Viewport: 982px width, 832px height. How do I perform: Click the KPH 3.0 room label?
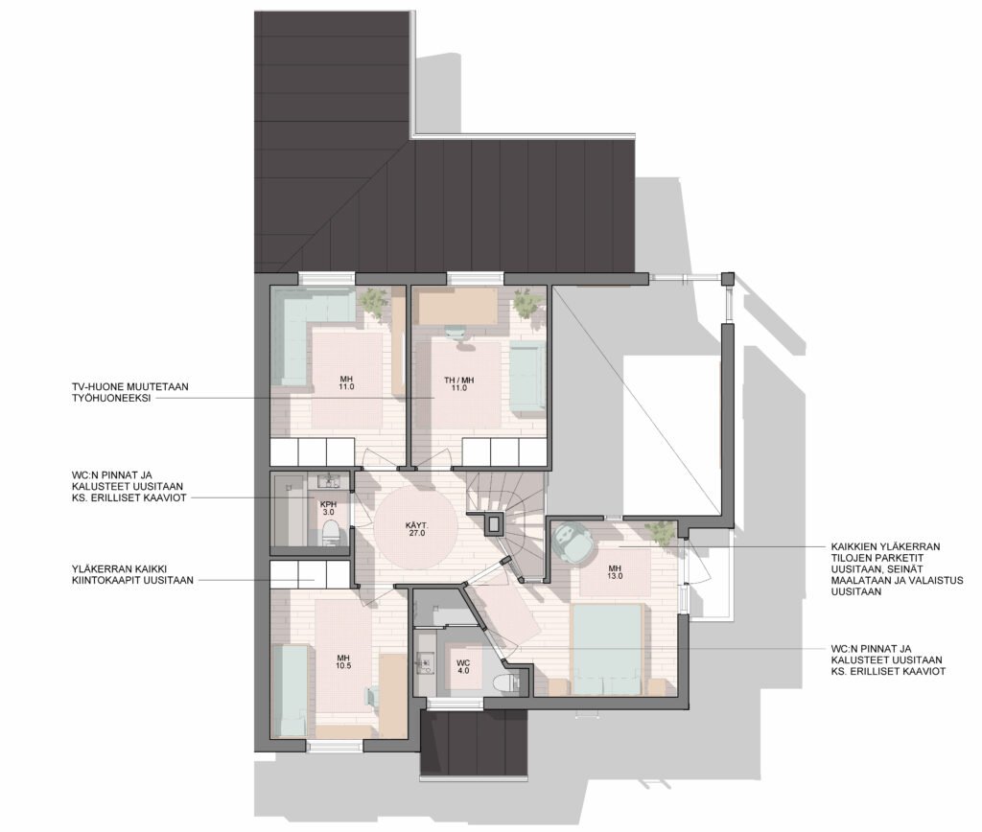pyautogui.click(x=328, y=508)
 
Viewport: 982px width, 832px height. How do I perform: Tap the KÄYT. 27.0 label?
pyautogui.click(x=416, y=530)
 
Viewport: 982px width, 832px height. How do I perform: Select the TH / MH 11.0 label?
pyautogui.click(x=459, y=383)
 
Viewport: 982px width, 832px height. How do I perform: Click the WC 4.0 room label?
pyautogui.click(x=463, y=666)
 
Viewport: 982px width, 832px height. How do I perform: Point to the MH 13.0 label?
pyautogui.click(x=616, y=573)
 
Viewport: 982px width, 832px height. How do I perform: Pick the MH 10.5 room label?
pyautogui.click(x=343, y=661)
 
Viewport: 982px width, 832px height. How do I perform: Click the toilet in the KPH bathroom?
pyautogui.click(x=331, y=535)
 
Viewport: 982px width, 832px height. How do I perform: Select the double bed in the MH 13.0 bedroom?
pyautogui.click(x=607, y=649)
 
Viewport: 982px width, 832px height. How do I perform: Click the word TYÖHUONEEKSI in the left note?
pyautogui.click(x=111, y=398)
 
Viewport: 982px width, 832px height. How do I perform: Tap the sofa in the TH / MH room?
pyautogui.click(x=527, y=378)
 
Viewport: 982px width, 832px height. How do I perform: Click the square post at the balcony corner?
pyautogui.click(x=727, y=279)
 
